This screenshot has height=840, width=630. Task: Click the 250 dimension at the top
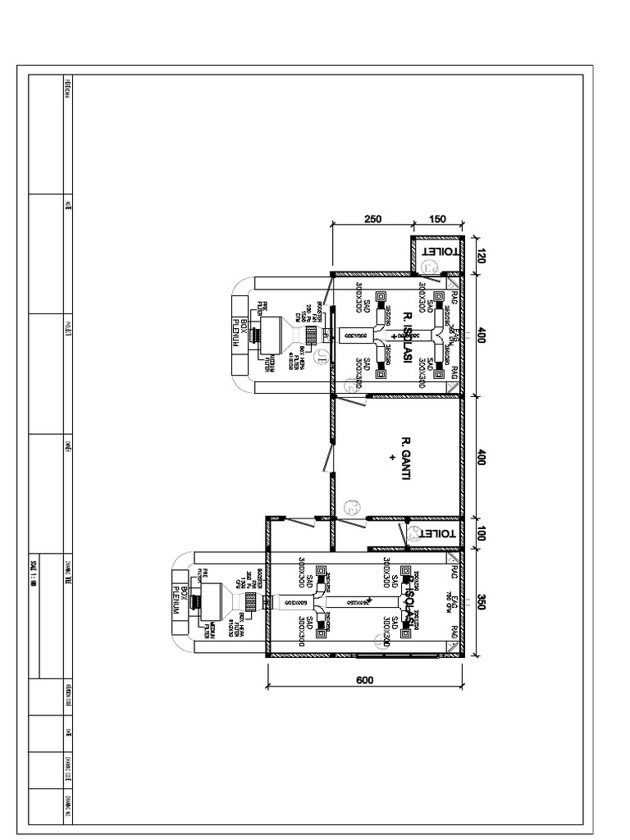(x=372, y=218)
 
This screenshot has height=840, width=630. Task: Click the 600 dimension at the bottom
(x=365, y=680)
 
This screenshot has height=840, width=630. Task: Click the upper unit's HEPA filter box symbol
(x=311, y=336)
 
